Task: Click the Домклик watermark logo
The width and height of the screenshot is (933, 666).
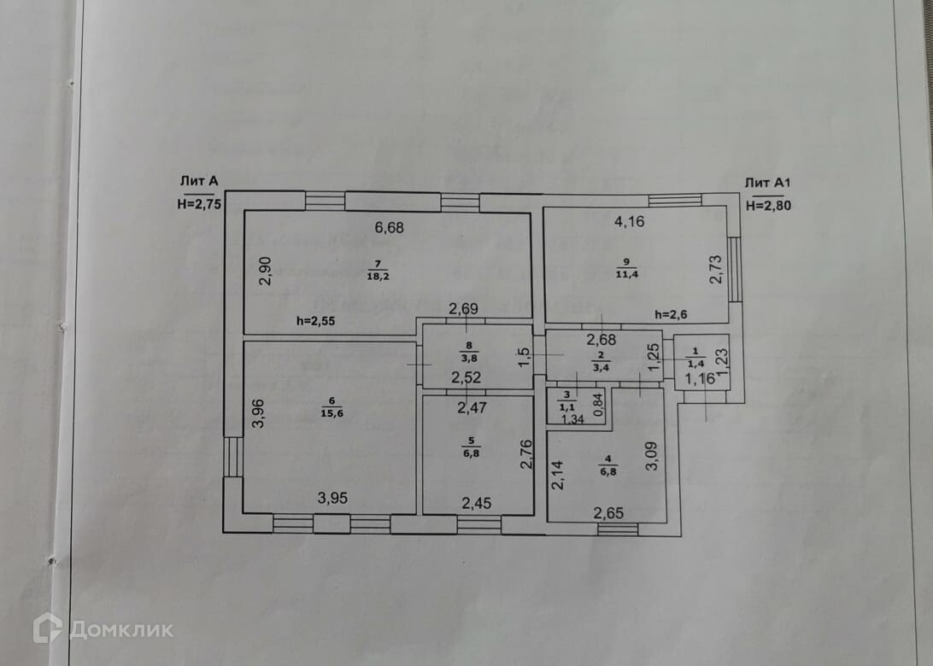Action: point(103,629)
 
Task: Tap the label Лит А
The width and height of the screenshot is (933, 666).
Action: point(199,180)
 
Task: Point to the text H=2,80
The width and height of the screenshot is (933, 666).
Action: point(770,205)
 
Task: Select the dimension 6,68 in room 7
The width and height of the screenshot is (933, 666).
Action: point(389,227)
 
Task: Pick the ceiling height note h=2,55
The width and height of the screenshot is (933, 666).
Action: point(317,321)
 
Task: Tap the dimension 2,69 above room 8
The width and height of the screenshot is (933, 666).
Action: point(466,308)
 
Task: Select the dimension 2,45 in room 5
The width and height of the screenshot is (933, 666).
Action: point(478,503)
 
